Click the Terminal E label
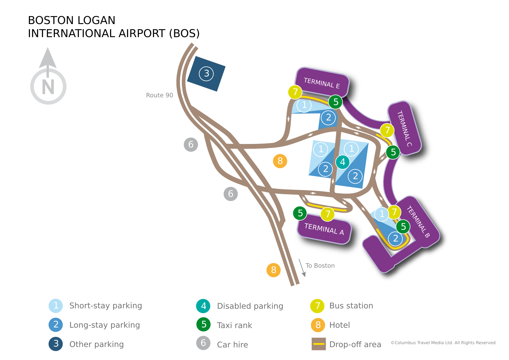322,83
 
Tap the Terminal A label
324,229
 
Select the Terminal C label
404,129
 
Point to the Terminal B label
418,222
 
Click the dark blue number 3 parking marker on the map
206,74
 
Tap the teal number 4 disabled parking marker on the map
343,162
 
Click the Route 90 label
159,95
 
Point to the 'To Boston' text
320,266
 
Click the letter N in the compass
48,87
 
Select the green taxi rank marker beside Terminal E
336,102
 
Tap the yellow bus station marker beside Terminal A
328,214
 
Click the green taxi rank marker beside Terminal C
393,152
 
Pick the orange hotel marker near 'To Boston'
273,270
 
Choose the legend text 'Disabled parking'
250,306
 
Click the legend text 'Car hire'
232,344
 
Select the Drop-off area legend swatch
319,344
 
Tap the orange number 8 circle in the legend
318,325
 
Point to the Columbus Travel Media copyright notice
443,343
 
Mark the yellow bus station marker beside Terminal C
387,130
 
